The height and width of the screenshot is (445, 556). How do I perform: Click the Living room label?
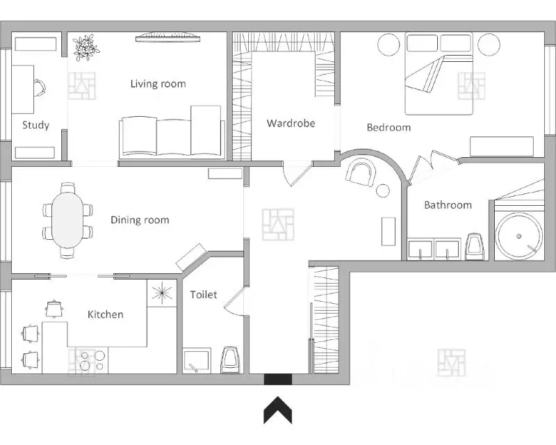tap(158, 83)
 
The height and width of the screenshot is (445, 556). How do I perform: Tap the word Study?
tap(35, 125)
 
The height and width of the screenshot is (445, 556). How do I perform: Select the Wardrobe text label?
tap(291, 123)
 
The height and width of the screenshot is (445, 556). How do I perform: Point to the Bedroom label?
tap(389, 127)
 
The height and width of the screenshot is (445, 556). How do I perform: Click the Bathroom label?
tap(448, 204)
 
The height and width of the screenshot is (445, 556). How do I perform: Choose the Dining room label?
tap(140, 220)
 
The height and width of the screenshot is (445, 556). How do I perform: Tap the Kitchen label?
tap(106, 314)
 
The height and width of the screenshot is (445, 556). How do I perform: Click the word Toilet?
tap(203, 295)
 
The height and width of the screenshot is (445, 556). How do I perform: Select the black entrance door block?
tap(278, 379)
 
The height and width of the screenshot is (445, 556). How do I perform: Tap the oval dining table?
tap(67, 220)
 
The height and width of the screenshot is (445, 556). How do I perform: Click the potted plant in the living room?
tap(85, 47)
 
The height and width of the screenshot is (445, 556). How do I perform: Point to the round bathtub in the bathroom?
tap(518, 236)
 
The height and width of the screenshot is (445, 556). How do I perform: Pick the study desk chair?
tap(40, 88)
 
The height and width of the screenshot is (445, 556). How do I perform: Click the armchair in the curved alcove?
tap(361, 172)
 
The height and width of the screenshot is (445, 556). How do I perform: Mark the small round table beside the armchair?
tap(383, 191)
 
